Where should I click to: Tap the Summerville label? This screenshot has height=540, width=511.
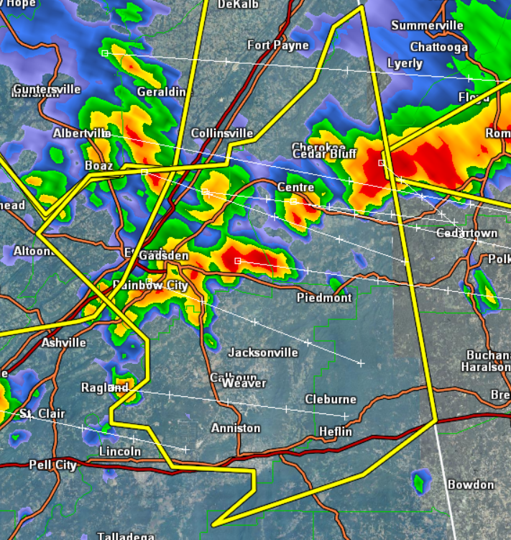[427, 26]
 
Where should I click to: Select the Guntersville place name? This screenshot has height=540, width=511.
[47, 89]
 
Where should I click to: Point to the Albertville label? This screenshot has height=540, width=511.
[80, 134]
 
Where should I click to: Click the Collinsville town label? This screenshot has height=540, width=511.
[222, 134]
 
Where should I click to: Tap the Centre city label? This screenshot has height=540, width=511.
[296, 188]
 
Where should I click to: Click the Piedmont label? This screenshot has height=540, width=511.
[324, 298]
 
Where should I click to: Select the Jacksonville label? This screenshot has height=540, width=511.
[262, 352]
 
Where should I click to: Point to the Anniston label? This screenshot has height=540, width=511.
[236, 428]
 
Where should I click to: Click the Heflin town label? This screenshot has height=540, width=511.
[336, 431]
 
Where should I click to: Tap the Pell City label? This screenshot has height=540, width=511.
[52, 465]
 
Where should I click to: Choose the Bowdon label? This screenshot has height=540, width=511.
[471, 485]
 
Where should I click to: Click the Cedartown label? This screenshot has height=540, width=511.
[466, 233]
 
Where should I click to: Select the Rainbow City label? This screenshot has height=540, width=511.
[150, 285]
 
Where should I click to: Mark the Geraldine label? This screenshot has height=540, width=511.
[165, 92]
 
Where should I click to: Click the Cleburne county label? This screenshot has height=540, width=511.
[330, 399]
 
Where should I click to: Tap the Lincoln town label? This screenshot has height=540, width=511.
[120, 452]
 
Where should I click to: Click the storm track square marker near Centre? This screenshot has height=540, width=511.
[293, 201]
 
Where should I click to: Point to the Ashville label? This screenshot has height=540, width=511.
[63, 342]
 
